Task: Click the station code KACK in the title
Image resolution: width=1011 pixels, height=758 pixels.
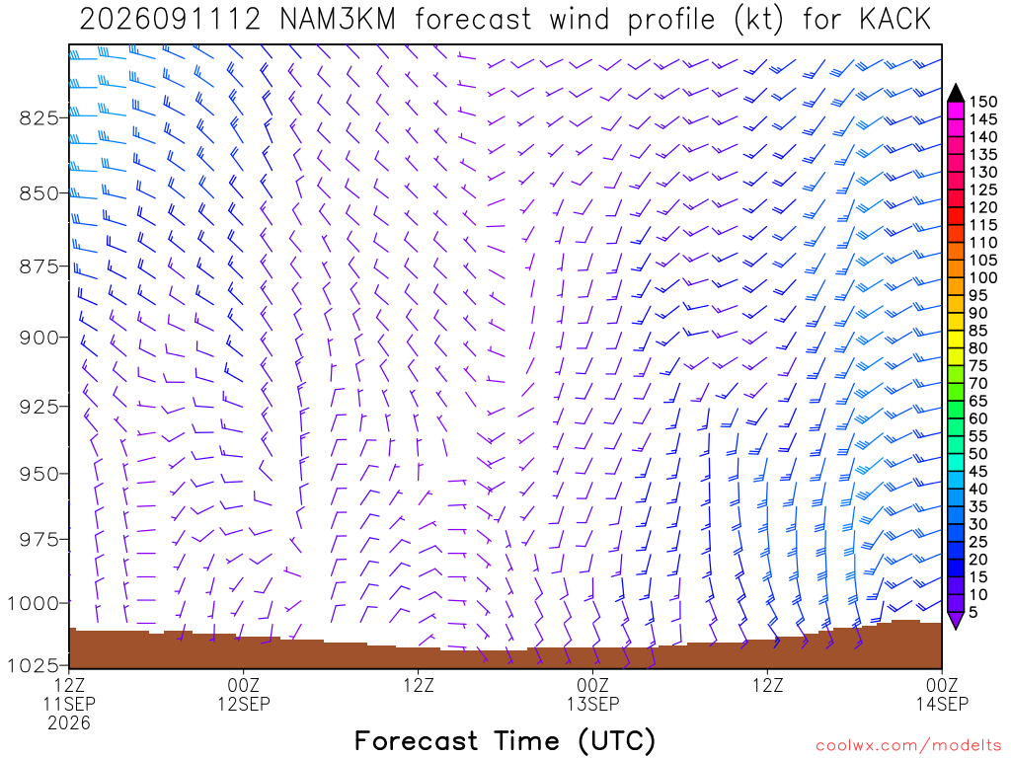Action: (894, 20)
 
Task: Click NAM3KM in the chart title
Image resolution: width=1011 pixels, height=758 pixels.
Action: (338, 20)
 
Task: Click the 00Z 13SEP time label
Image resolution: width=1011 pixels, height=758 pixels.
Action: (592, 694)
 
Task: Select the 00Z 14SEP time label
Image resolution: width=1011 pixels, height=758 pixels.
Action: (942, 694)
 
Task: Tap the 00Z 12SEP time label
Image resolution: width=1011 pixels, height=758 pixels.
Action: (243, 694)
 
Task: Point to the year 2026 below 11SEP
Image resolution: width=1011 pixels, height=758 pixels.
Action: (69, 723)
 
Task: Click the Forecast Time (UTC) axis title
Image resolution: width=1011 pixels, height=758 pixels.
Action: (505, 741)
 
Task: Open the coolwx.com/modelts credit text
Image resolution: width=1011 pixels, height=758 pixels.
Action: (908, 746)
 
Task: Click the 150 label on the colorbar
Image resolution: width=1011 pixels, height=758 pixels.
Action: (983, 102)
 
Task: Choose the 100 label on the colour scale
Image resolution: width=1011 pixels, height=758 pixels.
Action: (983, 277)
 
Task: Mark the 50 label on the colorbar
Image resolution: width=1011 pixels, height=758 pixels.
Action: (978, 454)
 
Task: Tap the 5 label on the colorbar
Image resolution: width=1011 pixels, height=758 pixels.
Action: (973, 612)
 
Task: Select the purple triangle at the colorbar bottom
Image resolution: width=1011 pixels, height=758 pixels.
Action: (956, 620)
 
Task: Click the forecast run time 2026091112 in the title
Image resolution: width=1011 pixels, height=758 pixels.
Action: (170, 20)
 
